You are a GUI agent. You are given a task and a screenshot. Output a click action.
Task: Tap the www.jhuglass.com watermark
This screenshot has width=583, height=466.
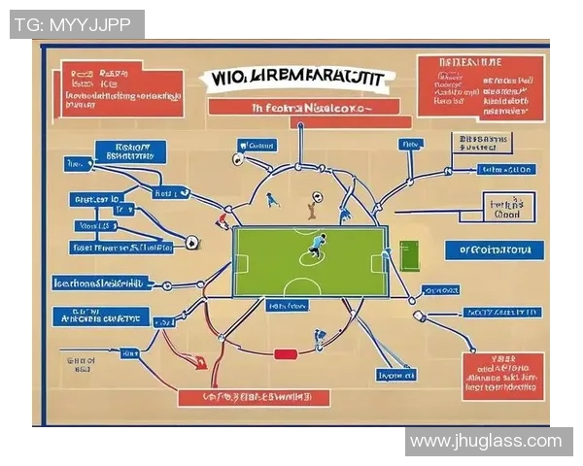[x=486, y=441]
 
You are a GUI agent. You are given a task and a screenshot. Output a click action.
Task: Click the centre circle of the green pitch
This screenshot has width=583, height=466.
[x=312, y=253]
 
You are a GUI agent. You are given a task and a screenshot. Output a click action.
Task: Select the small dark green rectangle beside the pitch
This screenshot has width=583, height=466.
[x=407, y=256]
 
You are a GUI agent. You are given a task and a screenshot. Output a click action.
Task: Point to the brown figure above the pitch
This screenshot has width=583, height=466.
[x=312, y=205]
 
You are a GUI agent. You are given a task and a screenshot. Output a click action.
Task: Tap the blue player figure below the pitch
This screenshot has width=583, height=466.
[x=318, y=339]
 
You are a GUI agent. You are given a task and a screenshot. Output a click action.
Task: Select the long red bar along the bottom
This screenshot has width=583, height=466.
[x=253, y=397]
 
